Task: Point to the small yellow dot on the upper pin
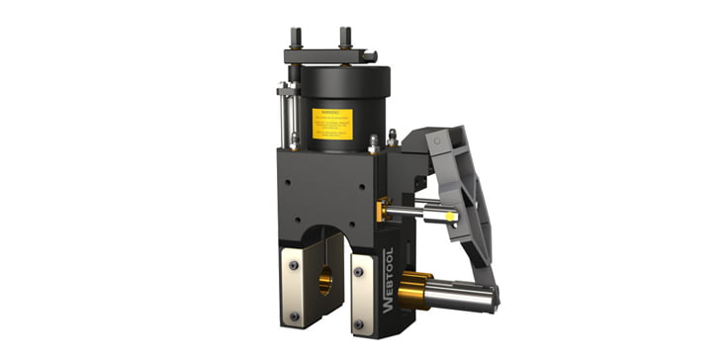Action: point(453,212)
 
